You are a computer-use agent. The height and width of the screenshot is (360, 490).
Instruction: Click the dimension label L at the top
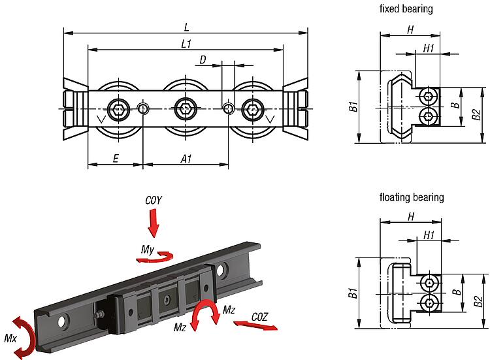pos(186,27)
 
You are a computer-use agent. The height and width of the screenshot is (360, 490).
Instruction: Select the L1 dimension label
pos(186,44)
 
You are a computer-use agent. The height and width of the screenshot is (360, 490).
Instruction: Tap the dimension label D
pos(203,60)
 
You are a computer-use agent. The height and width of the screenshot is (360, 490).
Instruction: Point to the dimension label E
pos(115,158)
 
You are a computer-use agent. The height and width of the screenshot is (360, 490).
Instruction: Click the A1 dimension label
pos(186,158)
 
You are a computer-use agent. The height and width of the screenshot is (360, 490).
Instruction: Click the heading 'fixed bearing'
pos(406,9)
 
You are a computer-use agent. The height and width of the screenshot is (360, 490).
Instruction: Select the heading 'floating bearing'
pos(411,197)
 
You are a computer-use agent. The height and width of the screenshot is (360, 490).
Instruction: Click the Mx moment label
pos(10,338)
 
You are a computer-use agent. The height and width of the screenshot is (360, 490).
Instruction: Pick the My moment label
pos(148,249)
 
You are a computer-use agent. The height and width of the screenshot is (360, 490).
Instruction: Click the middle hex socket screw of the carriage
pos(185,108)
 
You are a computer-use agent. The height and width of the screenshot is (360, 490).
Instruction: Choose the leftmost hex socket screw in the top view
pos(118,108)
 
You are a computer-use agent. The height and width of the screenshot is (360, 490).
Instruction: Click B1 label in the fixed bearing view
pos(352,107)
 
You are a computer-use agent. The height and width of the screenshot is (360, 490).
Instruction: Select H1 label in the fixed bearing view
pos(429,48)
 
